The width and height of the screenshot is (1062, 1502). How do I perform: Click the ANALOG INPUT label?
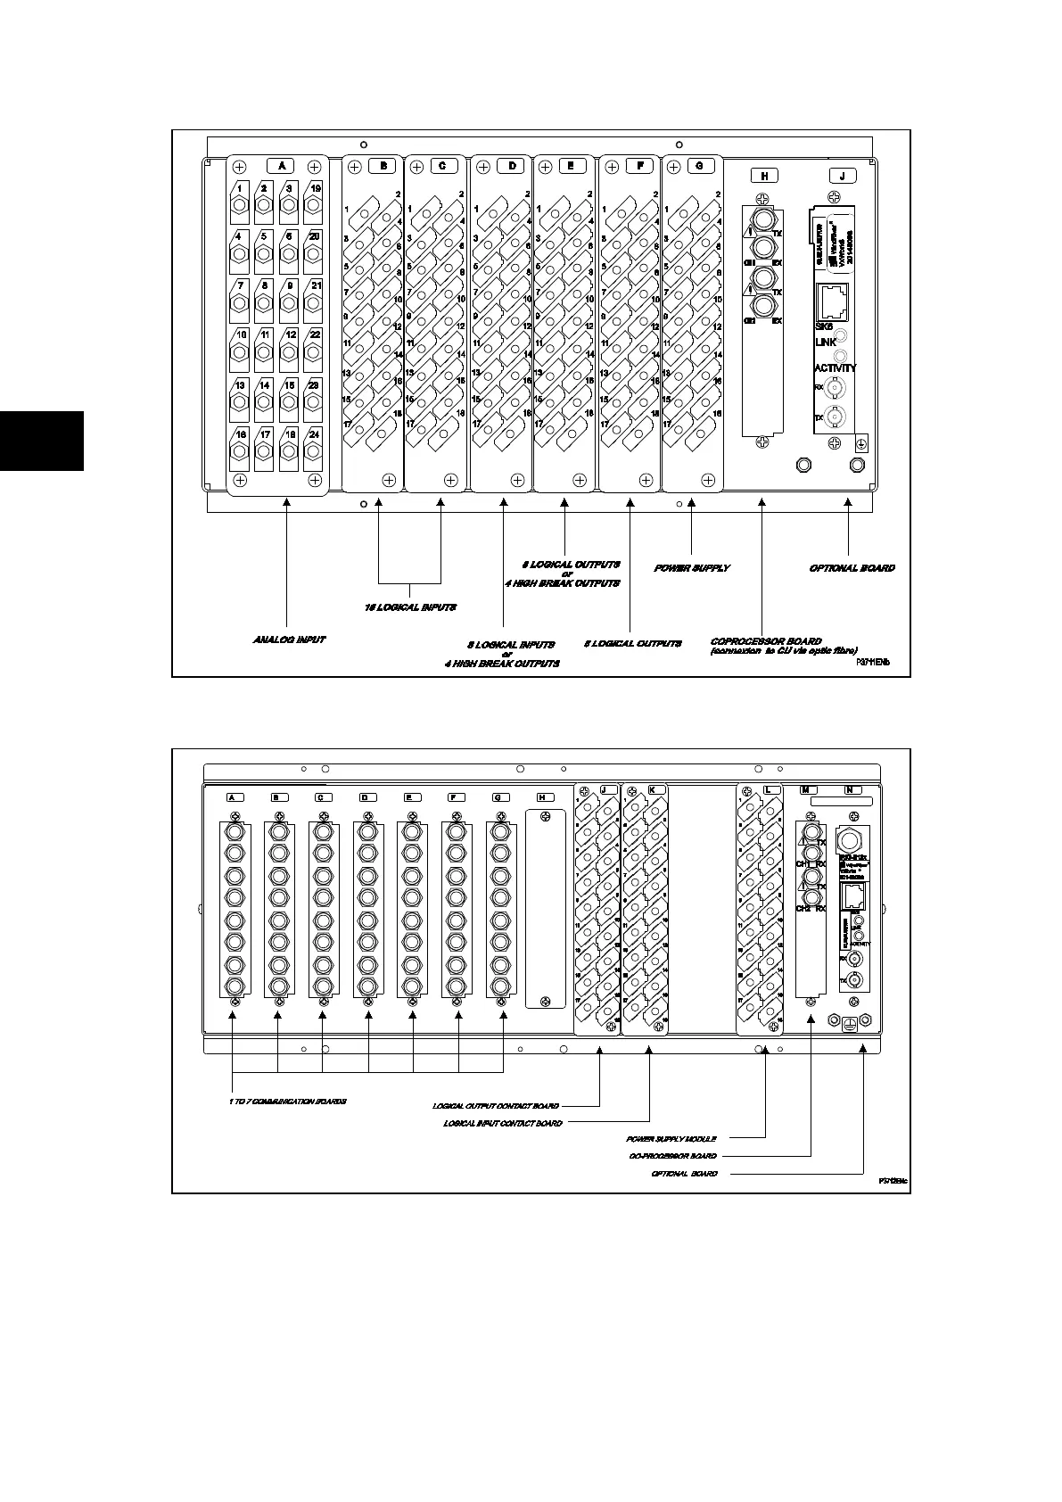pyautogui.click(x=289, y=640)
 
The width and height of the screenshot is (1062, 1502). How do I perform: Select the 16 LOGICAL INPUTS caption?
pyautogui.click(x=410, y=607)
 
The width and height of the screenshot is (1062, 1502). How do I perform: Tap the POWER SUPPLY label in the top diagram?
pyautogui.click(x=692, y=568)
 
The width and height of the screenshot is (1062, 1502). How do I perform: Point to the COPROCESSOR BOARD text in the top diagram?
pyautogui.click(x=766, y=641)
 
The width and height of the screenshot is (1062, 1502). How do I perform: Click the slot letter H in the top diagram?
pyautogui.click(x=764, y=176)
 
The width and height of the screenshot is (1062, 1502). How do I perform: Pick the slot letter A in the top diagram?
pyautogui.click(x=281, y=166)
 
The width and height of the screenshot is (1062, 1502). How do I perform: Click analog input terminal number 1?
pyautogui.click(x=241, y=189)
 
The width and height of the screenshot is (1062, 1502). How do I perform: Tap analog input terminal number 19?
pyautogui.click(x=315, y=189)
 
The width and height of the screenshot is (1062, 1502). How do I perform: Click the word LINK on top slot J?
pyautogui.click(x=825, y=342)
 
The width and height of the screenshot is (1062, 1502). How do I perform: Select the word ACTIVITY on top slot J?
pyautogui.click(x=835, y=367)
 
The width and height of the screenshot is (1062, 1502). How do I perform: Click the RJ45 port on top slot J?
pyautogui.click(x=835, y=304)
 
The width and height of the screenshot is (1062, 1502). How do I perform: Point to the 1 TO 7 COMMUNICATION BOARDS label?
pyautogui.click(x=287, y=1102)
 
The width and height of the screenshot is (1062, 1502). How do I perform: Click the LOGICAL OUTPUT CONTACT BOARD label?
pyautogui.click(x=496, y=1106)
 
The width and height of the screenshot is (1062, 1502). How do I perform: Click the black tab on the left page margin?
pyautogui.click(x=41, y=440)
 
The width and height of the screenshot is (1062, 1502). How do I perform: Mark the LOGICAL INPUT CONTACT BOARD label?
pyautogui.click(x=503, y=1123)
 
